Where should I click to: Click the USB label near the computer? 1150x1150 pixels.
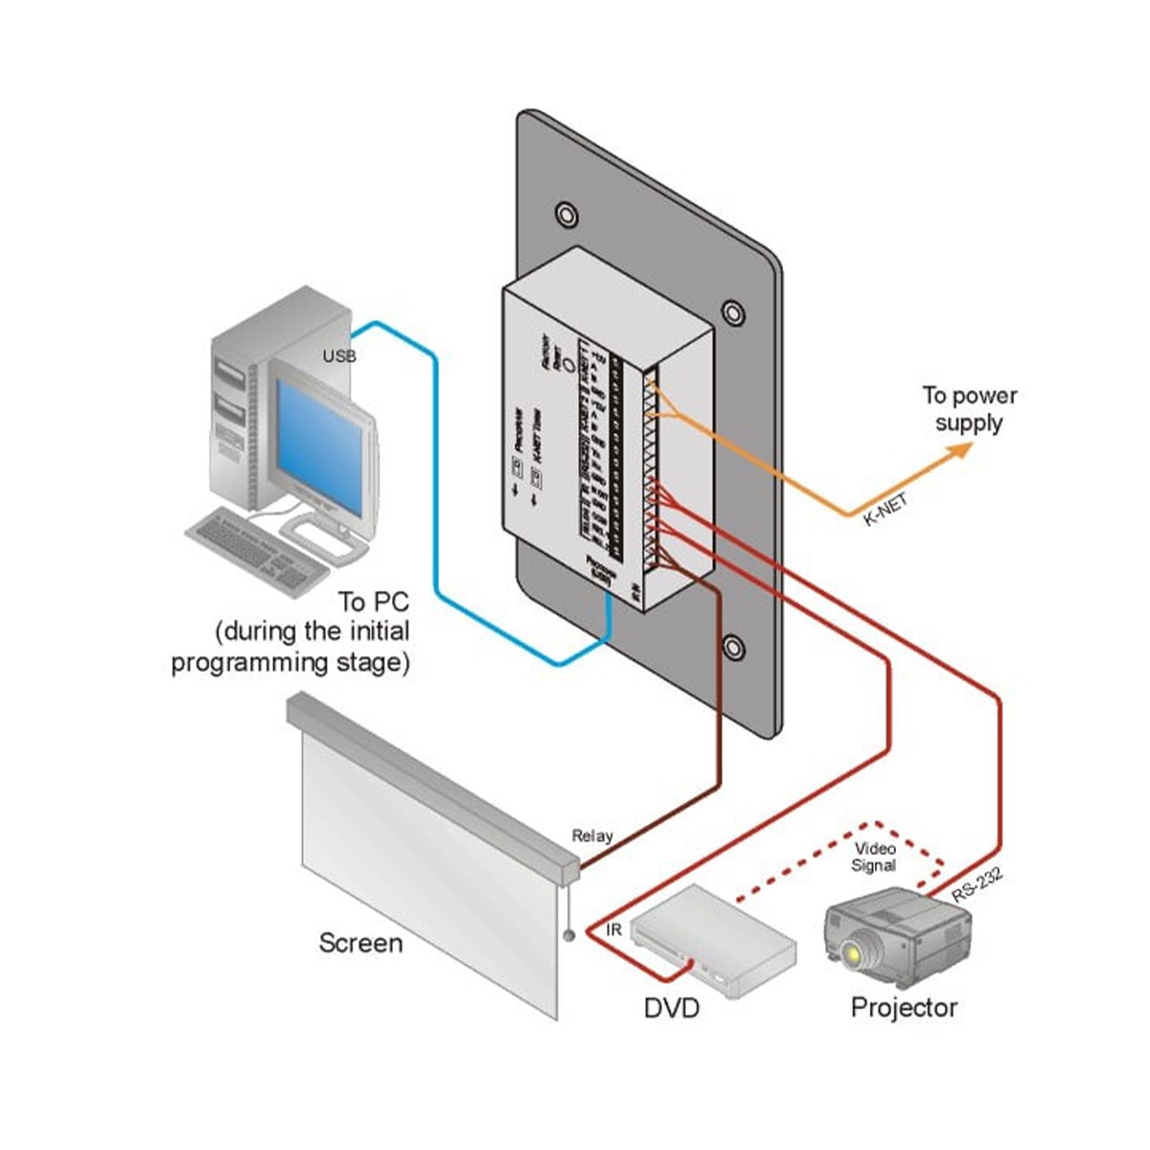click(339, 356)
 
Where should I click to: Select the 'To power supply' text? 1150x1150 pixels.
click(969, 409)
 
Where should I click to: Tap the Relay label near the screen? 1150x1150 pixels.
click(591, 836)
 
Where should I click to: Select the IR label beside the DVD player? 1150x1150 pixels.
click(615, 930)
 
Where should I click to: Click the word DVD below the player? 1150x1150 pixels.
click(671, 1007)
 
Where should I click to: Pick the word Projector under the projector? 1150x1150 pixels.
click(904, 1007)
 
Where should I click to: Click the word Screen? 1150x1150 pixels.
click(360, 943)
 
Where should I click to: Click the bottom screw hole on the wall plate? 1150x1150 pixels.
click(733, 648)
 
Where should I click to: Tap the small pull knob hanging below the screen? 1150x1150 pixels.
click(568, 934)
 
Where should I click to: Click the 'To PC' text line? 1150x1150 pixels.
click(373, 602)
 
